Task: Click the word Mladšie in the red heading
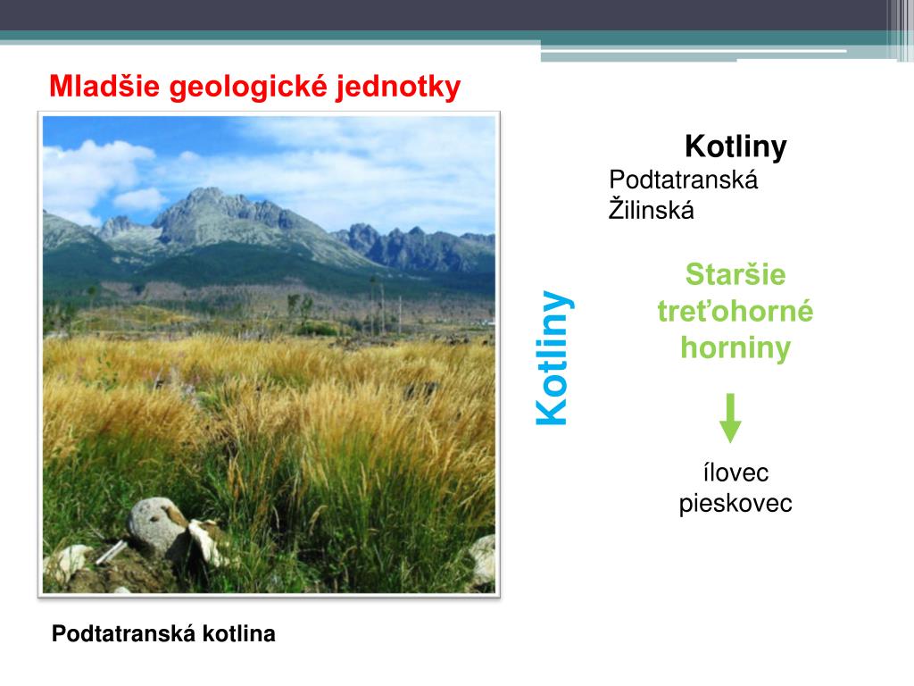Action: (x=104, y=87)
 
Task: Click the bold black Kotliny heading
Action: (x=735, y=147)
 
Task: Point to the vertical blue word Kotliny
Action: (x=553, y=357)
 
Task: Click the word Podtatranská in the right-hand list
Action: (x=683, y=180)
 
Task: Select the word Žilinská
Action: (x=651, y=209)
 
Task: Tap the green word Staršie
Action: (x=735, y=274)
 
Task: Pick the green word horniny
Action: (x=735, y=348)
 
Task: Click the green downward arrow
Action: (x=730, y=418)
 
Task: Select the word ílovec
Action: (x=735, y=473)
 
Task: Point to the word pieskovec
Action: (x=735, y=504)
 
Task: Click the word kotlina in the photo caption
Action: (x=239, y=633)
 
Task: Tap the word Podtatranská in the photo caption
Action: (x=123, y=633)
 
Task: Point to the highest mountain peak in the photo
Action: (x=207, y=190)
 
